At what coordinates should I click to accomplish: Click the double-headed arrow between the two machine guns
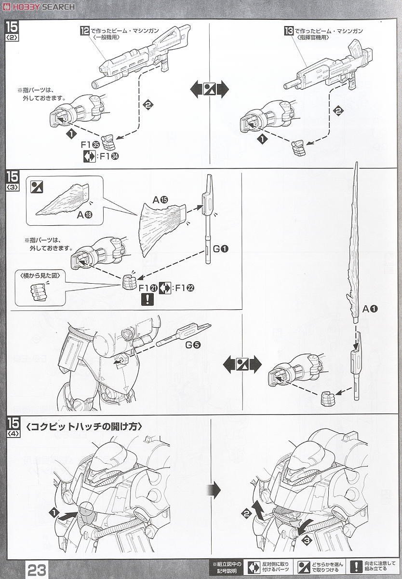pos(209,89)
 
